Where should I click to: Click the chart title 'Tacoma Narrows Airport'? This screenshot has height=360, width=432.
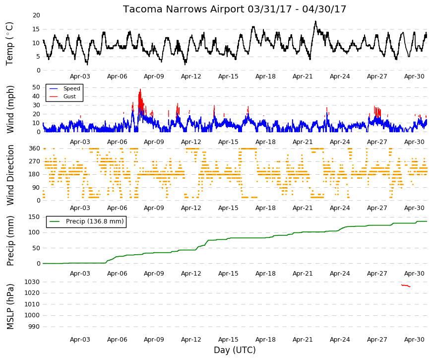pyautogui.click(x=184, y=9)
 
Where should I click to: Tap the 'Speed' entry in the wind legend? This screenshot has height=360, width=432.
pyautogui.click(x=71, y=88)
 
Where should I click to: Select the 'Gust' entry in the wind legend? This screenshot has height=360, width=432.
pyautogui.click(x=69, y=96)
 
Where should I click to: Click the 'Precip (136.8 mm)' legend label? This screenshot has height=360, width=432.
pyautogui.click(x=95, y=221)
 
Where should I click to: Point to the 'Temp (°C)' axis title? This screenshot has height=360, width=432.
pyautogui.click(x=9, y=44)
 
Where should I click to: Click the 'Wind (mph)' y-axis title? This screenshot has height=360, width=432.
pyautogui.click(x=10, y=110)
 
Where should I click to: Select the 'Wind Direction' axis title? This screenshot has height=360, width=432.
pyautogui.click(x=10, y=175)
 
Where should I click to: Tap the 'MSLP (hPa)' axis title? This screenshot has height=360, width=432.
pyautogui.click(x=10, y=306)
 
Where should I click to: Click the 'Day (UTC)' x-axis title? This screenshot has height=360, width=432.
pyautogui.click(x=235, y=350)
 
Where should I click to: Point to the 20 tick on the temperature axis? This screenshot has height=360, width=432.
pyautogui.click(x=36, y=15)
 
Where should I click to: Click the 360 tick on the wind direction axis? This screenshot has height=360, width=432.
pyautogui.click(x=35, y=148)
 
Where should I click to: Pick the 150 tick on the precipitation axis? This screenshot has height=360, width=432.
pyautogui.click(x=35, y=217)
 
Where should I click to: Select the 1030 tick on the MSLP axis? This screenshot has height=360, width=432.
pyautogui.click(x=32, y=282)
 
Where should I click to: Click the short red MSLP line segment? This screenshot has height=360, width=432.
pyautogui.click(x=406, y=286)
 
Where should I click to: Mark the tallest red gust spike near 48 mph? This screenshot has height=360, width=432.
pyautogui.click(x=140, y=90)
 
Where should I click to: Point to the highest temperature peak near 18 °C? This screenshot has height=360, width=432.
pyautogui.click(x=315, y=21)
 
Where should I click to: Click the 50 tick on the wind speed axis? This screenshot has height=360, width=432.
pyautogui.click(x=36, y=87)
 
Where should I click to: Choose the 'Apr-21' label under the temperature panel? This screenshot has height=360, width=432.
pyautogui.click(x=303, y=76)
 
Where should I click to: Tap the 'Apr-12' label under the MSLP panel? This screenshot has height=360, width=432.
pyautogui.click(x=191, y=340)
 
